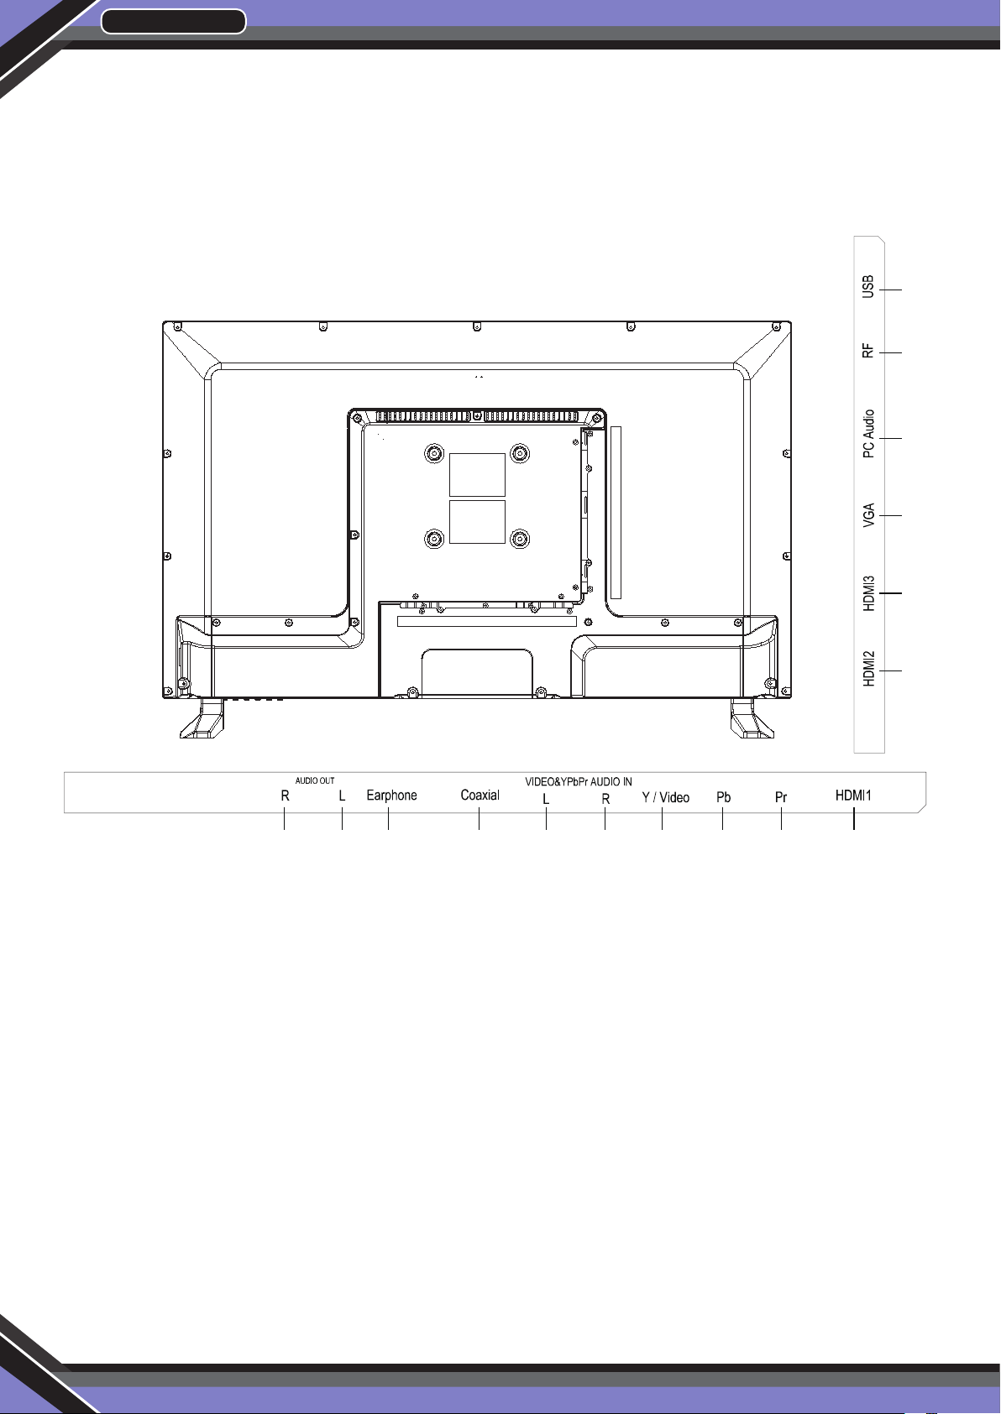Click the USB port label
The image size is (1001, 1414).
click(x=868, y=287)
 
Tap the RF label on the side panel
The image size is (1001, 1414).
click(x=868, y=351)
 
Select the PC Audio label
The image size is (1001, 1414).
click(x=869, y=434)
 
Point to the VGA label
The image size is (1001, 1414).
click(x=868, y=515)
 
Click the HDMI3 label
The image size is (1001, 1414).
click(x=869, y=593)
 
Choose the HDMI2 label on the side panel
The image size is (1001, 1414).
click(x=869, y=669)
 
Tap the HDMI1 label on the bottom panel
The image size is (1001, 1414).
click(x=853, y=796)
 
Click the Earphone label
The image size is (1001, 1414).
click(x=391, y=796)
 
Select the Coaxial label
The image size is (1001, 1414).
click(x=480, y=796)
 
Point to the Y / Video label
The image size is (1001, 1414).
click(x=666, y=798)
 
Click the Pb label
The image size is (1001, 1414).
click(x=723, y=798)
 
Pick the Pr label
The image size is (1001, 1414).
click(x=781, y=798)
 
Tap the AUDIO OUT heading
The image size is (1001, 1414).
click(x=315, y=781)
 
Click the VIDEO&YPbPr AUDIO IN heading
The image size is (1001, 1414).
click(x=579, y=782)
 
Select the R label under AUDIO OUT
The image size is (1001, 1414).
click(x=285, y=796)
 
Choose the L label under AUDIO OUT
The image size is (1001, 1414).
click(x=342, y=796)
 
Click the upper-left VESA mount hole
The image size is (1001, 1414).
click(x=434, y=453)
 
